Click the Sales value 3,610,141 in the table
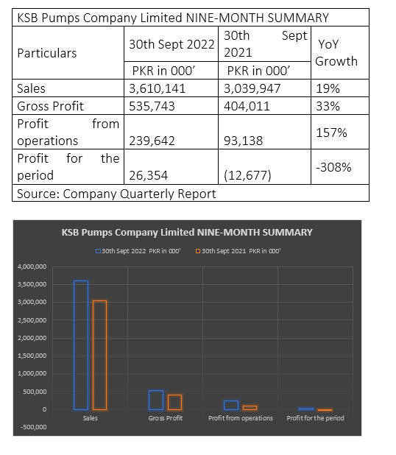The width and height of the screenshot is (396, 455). pos(157,88)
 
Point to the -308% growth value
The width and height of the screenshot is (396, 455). pos(333,167)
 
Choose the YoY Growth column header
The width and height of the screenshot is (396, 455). pos(336,53)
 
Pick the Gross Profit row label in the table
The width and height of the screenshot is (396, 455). pos(50,106)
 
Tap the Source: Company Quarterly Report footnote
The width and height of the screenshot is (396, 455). pos(116,194)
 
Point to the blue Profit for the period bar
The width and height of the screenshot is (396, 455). pos(306,409)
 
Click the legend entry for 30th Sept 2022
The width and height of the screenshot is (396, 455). pos(138,251)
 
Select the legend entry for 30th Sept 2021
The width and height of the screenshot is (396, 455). pos(238,251)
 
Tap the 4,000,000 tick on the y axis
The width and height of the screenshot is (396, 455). pos(32,267)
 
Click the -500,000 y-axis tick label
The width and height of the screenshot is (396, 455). pos(34,427)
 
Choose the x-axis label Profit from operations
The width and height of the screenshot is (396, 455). pos(241,418)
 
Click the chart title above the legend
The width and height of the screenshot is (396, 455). pos(187,233)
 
